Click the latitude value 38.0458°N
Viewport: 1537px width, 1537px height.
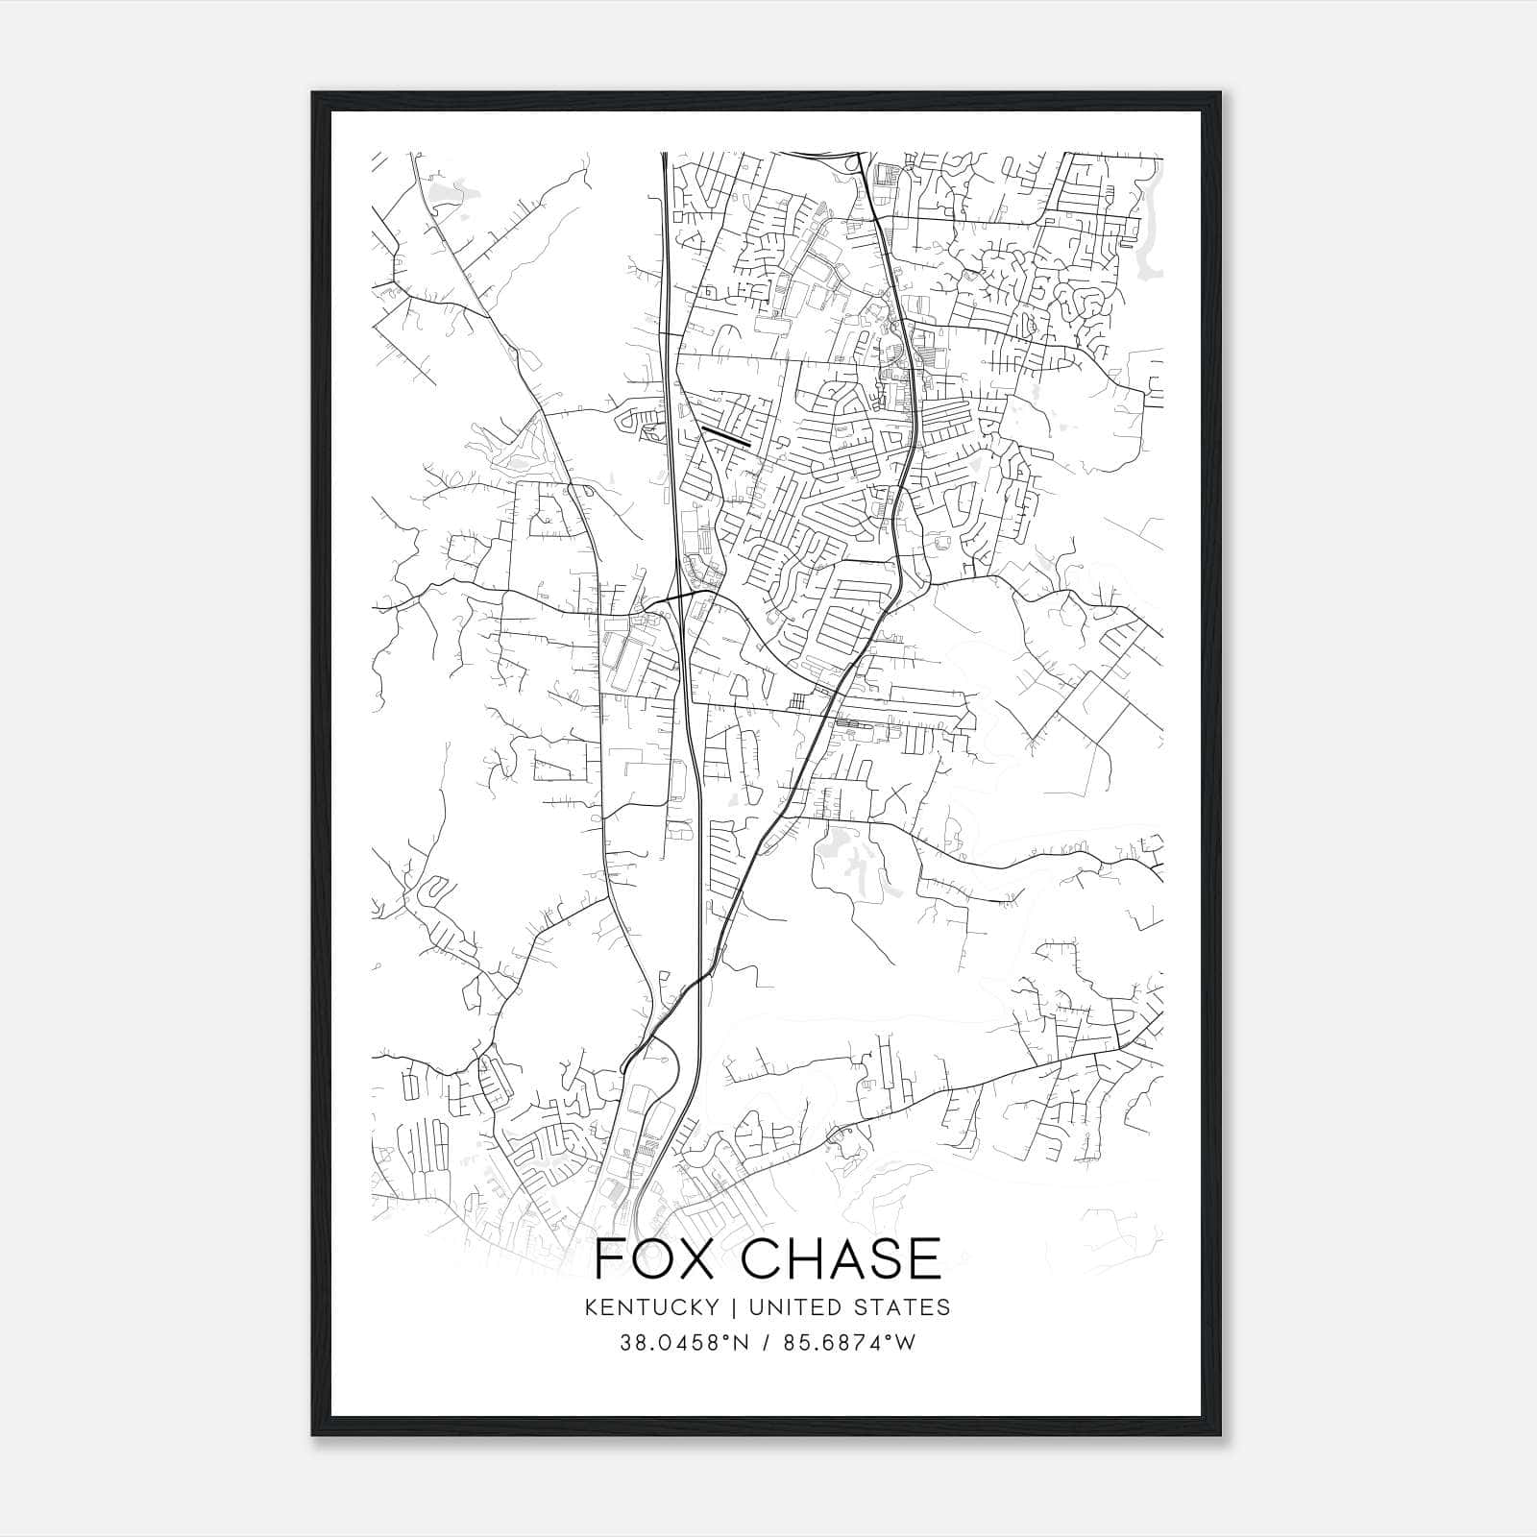tap(686, 1342)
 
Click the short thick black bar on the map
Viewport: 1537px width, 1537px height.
tap(725, 436)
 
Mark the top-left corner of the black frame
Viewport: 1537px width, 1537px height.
tap(313, 93)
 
